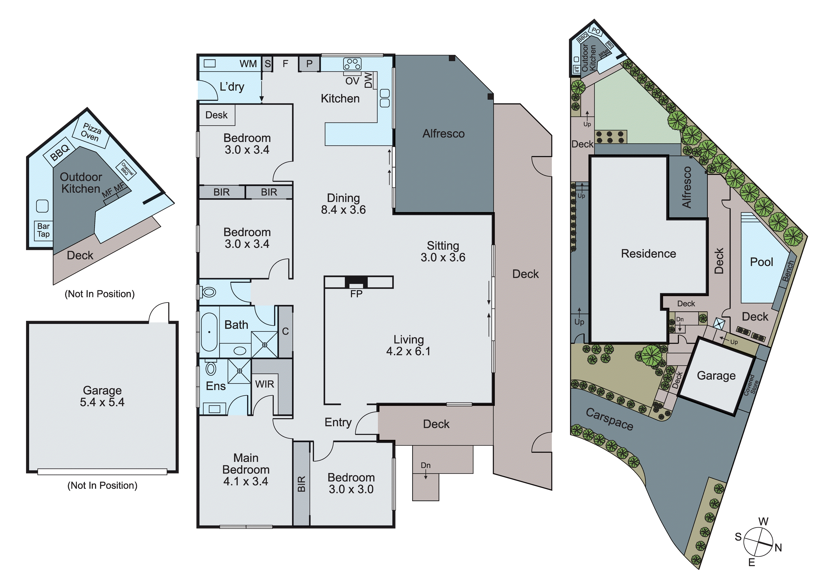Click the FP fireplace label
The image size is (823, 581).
[356, 294]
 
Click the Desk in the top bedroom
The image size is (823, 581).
[217, 115]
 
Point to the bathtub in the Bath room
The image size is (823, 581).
[209, 332]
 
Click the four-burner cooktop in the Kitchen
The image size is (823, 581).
[352, 64]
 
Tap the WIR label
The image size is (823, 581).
[264, 384]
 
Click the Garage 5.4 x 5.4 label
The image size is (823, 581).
[102, 396]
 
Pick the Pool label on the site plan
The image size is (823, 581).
[761, 262]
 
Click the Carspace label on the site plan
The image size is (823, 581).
[609, 419]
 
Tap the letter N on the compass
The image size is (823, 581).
[778, 548]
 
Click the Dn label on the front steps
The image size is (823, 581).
[425, 465]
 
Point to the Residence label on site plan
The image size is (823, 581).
[648, 254]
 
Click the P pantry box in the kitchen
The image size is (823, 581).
[309, 64]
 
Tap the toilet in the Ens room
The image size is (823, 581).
[211, 368]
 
